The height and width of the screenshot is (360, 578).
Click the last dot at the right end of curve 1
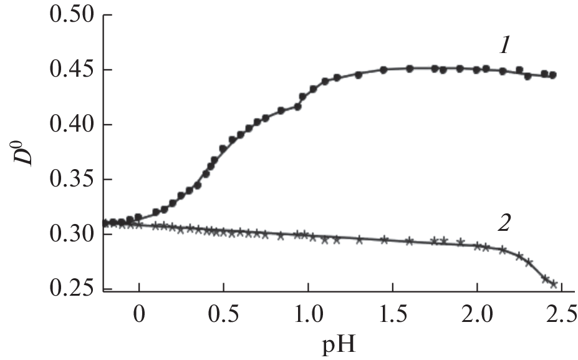point(553,75)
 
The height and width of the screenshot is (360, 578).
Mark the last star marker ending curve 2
point(553,284)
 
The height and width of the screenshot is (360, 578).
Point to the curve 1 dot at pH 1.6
point(410,69)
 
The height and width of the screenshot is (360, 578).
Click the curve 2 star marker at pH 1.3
point(359,240)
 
